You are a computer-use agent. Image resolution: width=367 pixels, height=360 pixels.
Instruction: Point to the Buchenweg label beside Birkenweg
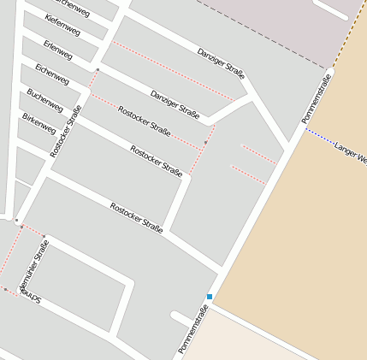pos(44,101)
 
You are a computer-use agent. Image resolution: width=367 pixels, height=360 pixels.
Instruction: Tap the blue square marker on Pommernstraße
pos(209,297)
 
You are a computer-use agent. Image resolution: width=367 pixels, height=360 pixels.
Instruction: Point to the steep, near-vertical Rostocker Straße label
pos(66,131)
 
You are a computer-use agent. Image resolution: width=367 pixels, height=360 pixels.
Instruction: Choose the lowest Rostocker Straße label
pos(136,216)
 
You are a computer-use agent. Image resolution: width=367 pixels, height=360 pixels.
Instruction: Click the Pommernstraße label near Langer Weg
pos(316,99)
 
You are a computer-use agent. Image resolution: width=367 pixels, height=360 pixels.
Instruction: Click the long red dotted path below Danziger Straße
pos(171,70)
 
